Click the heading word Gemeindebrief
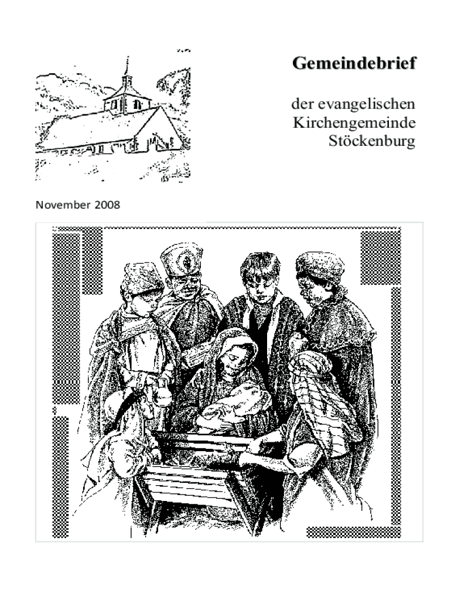tap(354, 63)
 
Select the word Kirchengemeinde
tap(354, 123)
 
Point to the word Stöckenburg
tap(371, 141)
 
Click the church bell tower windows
tap(125, 104)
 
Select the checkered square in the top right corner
tap(380, 258)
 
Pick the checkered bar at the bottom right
tap(353, 532)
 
